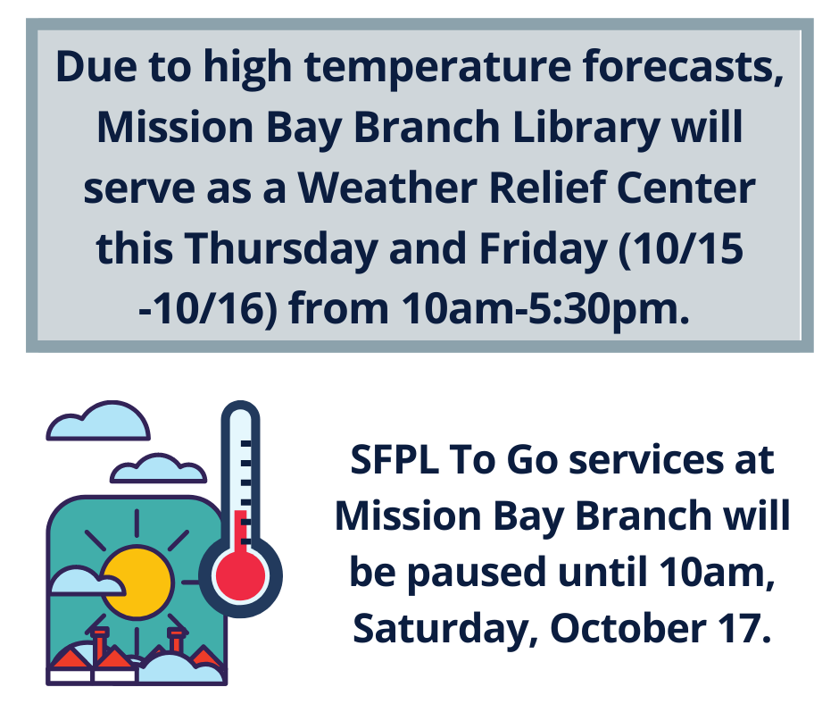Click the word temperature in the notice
tap(437, 68)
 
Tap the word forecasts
tap(684, 66)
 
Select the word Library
tap(586, 129)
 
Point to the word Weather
tap(386, 188)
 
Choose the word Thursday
tap(281, 250)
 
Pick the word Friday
tap(543, 250)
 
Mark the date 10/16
tap(208, 309)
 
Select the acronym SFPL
tap(395, 460)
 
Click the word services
tap(644, 460)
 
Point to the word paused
tap(477, 573)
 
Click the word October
tap(627, 627)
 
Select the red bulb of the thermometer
tap(240, 574)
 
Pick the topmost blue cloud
tap(98, 421)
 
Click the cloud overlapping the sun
tap(86, 582)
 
